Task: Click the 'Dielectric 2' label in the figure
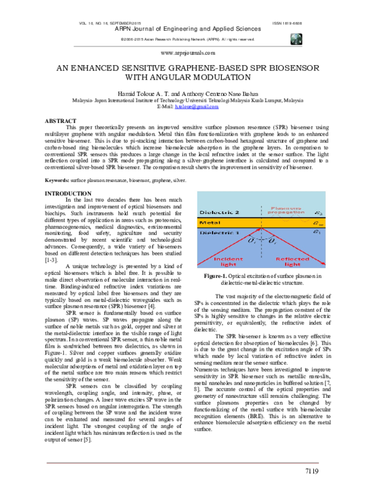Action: point(217,213)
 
